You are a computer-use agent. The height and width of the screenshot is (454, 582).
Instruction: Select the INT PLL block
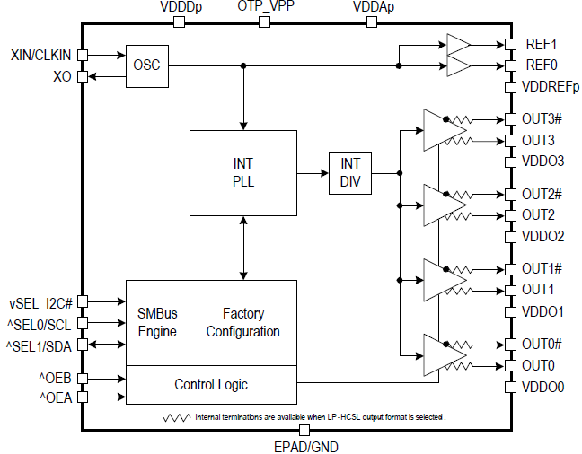[x=242, y=171]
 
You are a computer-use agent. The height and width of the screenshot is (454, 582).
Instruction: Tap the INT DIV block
[x=350, y=171]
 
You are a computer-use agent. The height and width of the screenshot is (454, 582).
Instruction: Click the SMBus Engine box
[x=157, y=322]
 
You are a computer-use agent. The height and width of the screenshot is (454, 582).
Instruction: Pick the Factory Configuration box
[x=242, y=322]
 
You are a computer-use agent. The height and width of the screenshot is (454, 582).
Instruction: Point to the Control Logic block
[x=210, y=384]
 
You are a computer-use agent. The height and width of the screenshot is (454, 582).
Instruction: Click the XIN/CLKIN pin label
[x=41, y=55]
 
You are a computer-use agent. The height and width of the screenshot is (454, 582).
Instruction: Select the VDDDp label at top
[x=179, y=7]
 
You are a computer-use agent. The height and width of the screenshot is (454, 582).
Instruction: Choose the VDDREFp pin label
[x=550, y=87]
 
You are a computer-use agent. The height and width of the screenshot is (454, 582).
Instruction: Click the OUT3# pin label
[x=542, y=118]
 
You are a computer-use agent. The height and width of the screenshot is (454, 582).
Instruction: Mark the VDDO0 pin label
[x=542, y=387]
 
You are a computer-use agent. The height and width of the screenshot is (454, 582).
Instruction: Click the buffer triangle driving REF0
[x=458, y=65]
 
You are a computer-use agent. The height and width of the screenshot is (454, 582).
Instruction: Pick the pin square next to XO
[x=83, y=77]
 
